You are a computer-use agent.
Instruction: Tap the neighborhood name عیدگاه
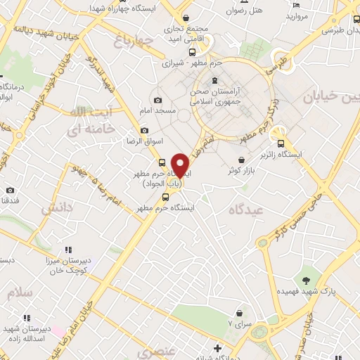[x=246, y=211]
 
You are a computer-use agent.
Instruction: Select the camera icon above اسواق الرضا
[x=145, y=130]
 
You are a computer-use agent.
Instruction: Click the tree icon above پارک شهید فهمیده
[x=307, y=280]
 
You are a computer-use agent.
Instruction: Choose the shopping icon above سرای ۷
[x=239, y=312]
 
